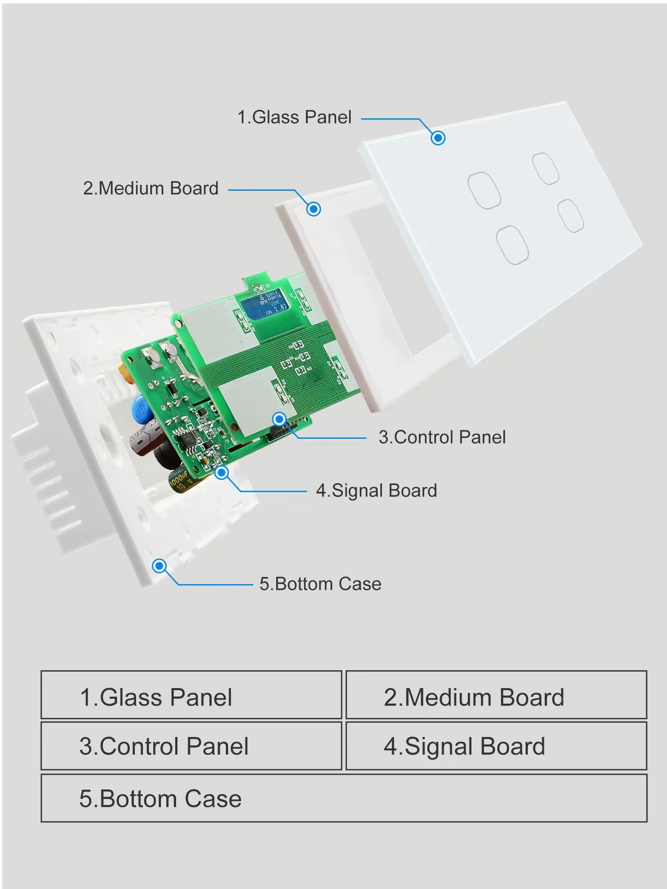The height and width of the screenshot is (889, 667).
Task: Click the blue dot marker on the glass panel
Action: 438,138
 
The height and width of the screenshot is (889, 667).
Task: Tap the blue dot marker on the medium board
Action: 313,209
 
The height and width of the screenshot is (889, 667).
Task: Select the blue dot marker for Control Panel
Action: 279,419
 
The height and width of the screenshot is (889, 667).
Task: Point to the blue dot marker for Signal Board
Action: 221,473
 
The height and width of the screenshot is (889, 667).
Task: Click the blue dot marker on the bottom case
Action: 159,566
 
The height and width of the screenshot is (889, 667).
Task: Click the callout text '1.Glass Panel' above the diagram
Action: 294,117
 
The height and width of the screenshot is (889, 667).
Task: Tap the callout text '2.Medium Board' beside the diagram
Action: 151,188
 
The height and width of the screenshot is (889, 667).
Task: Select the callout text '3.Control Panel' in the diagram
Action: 442,437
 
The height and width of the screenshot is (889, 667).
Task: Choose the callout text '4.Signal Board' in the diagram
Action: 376,491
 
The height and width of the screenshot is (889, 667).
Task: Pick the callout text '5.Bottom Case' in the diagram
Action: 320,584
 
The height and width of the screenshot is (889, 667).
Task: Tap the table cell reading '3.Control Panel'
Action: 191,746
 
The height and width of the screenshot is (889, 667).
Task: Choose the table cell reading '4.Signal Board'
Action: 496,746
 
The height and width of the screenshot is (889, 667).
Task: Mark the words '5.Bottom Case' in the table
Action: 161,799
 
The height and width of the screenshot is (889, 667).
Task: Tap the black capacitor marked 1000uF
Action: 180,482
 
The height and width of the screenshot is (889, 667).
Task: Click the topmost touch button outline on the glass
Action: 546,168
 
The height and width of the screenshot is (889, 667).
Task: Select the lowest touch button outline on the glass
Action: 512,245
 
